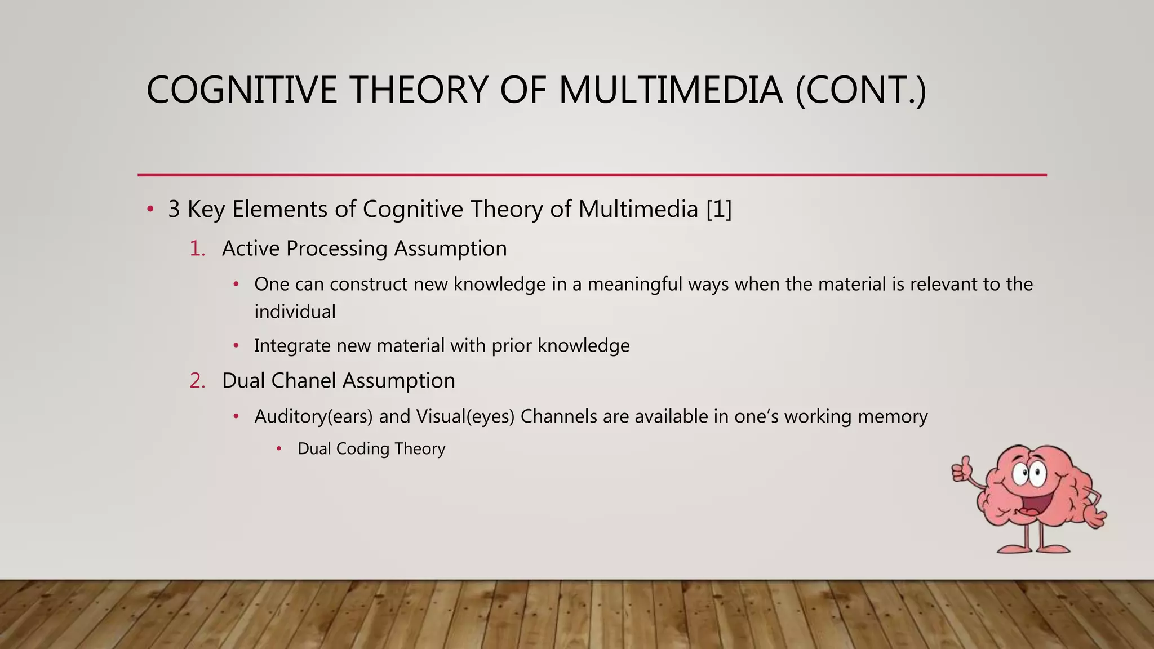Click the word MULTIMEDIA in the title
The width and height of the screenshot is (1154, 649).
coord(671,90)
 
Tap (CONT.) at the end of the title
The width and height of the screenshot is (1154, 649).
coord(860,90)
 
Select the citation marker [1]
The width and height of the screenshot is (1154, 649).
coord(719,209)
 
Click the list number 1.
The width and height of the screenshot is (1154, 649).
coord(197,248)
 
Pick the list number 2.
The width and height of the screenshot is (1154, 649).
coord(197,381)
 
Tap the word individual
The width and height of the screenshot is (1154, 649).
coord(295,312)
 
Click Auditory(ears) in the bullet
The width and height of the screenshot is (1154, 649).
coord(313,417)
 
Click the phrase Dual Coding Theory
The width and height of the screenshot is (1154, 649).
coord(371,449)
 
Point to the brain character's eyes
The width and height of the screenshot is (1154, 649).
coord(1028,474)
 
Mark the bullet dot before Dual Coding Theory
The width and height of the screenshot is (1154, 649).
coord(279,449)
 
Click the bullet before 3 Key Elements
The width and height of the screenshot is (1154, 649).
coord(150,210)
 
